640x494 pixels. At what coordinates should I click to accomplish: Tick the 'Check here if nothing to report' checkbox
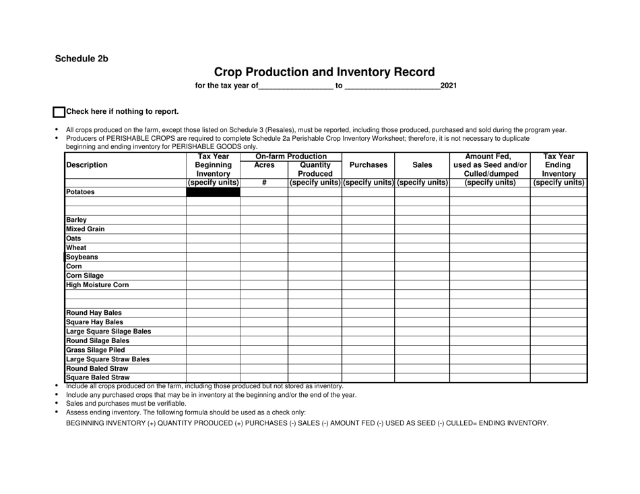tap(59, 113)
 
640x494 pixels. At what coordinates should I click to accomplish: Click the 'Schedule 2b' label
tap(82, 58)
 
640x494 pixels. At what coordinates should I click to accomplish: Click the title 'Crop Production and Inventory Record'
tap(324, 71)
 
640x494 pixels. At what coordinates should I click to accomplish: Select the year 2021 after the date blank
tap(448, 86)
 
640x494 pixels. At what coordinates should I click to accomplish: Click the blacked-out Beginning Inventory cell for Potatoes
tap(213, 192)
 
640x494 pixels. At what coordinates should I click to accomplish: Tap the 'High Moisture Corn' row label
tap(97, 284)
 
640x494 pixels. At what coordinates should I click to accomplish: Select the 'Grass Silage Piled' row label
tap(95, 350)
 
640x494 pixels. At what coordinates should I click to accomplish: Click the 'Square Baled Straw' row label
tap(97, 377)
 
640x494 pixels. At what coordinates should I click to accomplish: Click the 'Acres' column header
tap(264, 164)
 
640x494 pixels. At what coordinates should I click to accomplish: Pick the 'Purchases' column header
tap(368, 164)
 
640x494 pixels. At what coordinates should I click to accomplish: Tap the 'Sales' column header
tap(422, 164)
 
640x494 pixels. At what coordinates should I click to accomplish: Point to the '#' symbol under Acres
tap(264, 182)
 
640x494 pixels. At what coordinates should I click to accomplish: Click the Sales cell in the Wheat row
tap(422, 247)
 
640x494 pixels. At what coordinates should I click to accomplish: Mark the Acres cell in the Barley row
tap(264, 220)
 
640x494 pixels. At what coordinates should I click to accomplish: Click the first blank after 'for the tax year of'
tap(295, 86)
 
